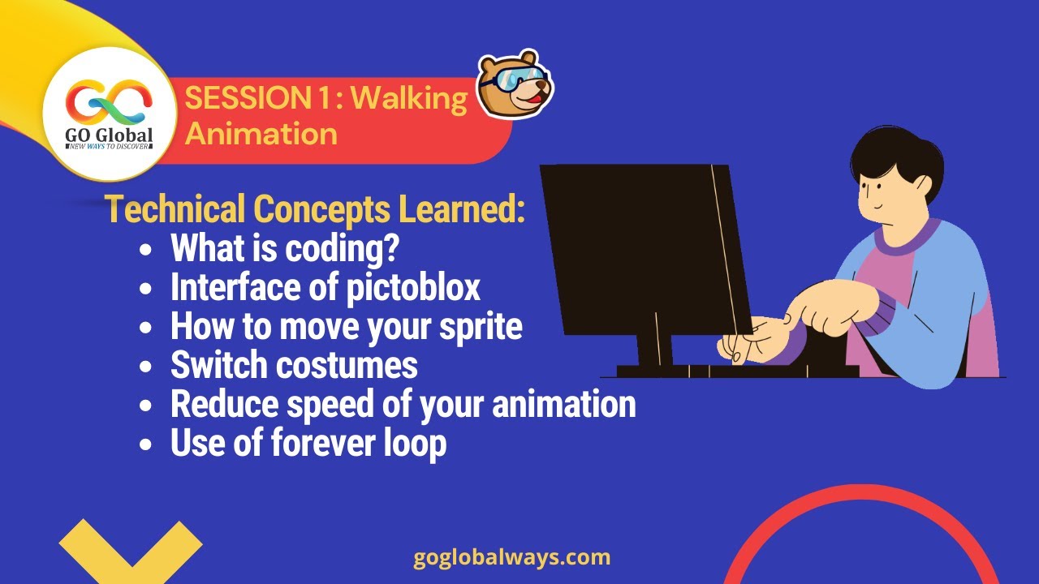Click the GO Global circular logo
coord(109,113)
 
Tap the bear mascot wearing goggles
coord(514,84)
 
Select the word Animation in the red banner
coord(261,133)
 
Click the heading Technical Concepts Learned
coord(315,210)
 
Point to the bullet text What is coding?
coord(284,249)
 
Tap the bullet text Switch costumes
coord(294,365)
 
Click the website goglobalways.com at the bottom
coord(511,557)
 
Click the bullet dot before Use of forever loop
coord(145,444)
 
